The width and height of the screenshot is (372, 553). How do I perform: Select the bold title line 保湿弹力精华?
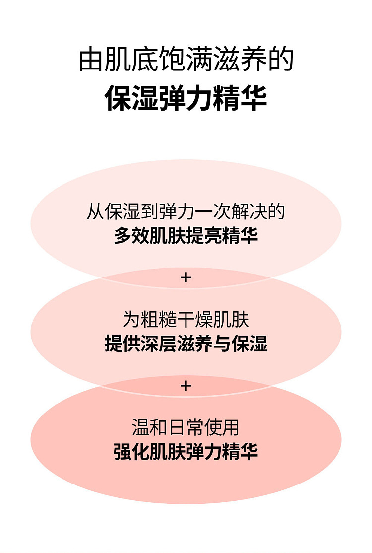186,98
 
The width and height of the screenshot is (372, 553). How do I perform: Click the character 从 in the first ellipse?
95,211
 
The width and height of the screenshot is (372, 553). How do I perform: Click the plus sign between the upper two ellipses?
186,277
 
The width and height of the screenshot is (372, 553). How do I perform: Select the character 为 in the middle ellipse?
131,320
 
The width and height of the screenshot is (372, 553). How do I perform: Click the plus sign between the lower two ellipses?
186,386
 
